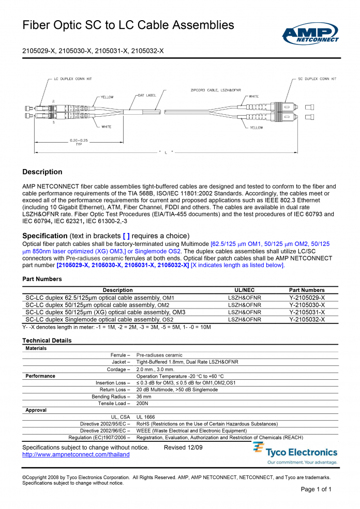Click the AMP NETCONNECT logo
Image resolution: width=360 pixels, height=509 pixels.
[x=310, y=34]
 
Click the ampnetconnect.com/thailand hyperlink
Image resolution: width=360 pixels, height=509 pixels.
[x=76, y=455]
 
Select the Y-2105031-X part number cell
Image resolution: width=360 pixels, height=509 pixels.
[x=307, y=312]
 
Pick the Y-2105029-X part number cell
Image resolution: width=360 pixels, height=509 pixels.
[x=307, y=298]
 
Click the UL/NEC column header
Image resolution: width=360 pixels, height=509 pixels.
[x=245, y=290]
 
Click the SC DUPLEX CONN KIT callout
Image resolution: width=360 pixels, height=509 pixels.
[x=317, y=79]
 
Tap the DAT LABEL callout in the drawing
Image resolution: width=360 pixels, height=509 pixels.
[x=147, y=95]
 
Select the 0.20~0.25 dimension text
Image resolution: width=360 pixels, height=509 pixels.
[x=79, y=141]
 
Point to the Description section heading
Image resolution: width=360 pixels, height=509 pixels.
[x=42, y=172]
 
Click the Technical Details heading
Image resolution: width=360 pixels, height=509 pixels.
[x=47, y=341]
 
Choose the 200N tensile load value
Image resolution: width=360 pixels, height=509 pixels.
[x=142, y=404]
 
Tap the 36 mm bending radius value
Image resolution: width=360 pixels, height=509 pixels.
[x=144, y=397]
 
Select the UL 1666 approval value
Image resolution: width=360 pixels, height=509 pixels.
[x=145, y=417]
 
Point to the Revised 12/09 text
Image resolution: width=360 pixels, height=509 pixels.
[x=183, y=448]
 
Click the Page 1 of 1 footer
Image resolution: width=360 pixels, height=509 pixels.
[x=316, y=489]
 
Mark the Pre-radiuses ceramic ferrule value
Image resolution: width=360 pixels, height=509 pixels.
[x=159, y=356]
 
